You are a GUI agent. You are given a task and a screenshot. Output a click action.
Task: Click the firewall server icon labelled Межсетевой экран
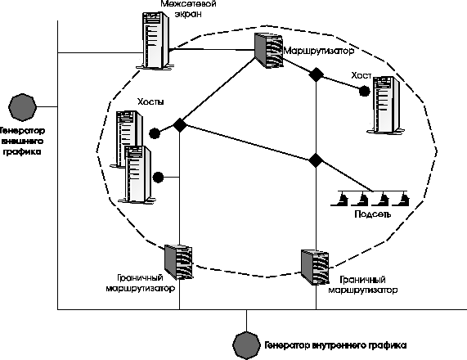point(155,41)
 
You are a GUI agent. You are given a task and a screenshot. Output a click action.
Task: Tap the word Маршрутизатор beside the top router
point(319,51)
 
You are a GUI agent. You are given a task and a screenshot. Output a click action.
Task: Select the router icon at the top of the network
point(268,50)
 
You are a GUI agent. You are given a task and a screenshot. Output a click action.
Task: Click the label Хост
point(361,75)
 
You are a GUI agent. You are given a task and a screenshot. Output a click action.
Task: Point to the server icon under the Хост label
point(386,104)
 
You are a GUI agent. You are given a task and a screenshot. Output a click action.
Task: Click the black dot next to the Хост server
point(364,91)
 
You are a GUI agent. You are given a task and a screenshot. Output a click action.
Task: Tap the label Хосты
point(150,101)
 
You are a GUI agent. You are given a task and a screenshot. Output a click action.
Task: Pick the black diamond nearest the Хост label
point(316,74)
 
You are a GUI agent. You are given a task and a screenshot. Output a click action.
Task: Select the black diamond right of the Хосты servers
point(180,125)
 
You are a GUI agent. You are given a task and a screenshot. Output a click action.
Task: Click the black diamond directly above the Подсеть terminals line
point(316,160)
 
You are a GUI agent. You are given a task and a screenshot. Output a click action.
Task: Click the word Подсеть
point(372,214)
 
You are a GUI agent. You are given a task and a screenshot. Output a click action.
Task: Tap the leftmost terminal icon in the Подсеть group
point(340,199)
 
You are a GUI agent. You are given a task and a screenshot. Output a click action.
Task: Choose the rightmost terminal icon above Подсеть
point(401,199)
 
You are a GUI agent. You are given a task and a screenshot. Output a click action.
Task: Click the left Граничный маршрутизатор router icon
point(178,263)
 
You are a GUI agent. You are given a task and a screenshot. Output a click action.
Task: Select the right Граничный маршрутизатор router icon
point(315,268)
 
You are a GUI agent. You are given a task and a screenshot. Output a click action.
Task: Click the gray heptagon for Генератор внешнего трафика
point(22,107)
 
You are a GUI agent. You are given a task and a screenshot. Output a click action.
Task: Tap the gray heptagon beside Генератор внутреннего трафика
point(246,345)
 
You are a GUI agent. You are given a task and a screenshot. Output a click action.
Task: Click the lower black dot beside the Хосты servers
point(158,178)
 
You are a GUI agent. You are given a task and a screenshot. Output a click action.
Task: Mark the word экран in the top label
point(188,14)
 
